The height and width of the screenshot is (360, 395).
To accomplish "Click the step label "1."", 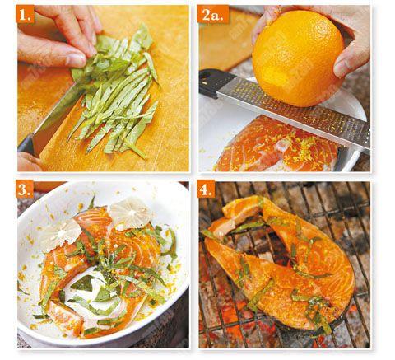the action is tap(26, 15).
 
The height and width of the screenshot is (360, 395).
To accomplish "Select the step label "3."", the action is tap(25, 189).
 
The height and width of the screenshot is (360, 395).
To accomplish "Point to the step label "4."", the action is tap(206, 189).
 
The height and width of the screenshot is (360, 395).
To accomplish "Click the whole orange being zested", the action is tap(298, 58).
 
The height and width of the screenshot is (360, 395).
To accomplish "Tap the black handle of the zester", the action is tap(213, 82).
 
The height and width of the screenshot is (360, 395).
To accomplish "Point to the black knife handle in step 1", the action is tap(26, 146).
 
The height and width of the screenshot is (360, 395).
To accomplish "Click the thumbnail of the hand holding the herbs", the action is tap(75, 59).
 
